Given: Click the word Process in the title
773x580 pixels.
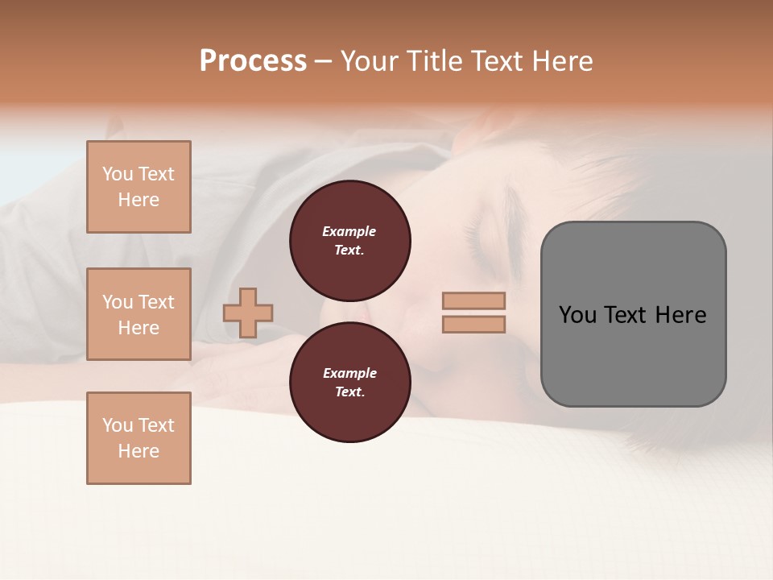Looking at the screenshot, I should coord(253,61).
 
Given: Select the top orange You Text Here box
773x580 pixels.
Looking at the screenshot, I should coord(138,187).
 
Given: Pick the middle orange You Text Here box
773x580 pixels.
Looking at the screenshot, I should coord(138,314).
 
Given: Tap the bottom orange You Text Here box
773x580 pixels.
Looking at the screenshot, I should coord(138,438).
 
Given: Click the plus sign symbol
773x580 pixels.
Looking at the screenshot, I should coord(248,313).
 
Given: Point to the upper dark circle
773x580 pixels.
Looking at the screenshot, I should coord(350,241).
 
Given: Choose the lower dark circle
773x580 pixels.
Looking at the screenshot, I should coord(350,383).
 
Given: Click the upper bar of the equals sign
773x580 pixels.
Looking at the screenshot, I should coord(474,301).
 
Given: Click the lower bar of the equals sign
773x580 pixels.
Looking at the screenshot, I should coord(474,324).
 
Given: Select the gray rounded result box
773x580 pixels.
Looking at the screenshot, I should coord(633,314).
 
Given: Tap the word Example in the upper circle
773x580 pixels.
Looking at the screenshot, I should coord(349,231).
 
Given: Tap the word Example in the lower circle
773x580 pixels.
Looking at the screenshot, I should coord(349,373).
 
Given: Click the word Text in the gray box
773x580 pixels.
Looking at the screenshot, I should coord(626,315).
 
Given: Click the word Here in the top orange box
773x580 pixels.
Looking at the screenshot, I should coord(138,200).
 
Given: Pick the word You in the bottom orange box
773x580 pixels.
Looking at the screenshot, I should coord(118,425).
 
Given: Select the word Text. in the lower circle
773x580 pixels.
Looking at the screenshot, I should coord(349,392).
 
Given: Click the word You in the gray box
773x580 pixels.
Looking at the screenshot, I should coord(577,315).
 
